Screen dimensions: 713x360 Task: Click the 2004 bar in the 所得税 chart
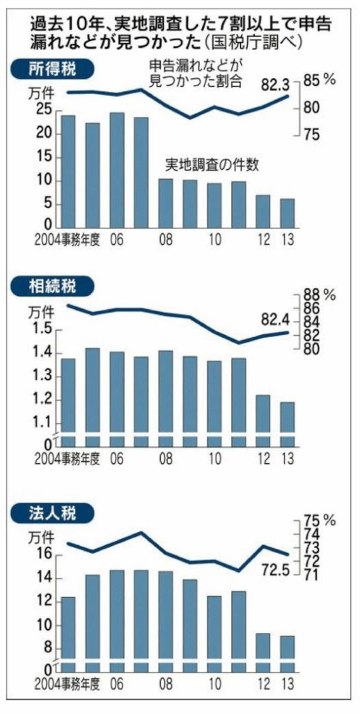coord(68,171)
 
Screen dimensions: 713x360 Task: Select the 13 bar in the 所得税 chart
coord(287,213)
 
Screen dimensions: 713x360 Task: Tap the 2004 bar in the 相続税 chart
coord(68,401)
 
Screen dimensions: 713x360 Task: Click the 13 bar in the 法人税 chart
coord(287,650)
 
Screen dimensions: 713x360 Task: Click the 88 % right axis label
coord(320,295)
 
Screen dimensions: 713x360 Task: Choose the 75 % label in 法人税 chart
coord(320,520)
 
